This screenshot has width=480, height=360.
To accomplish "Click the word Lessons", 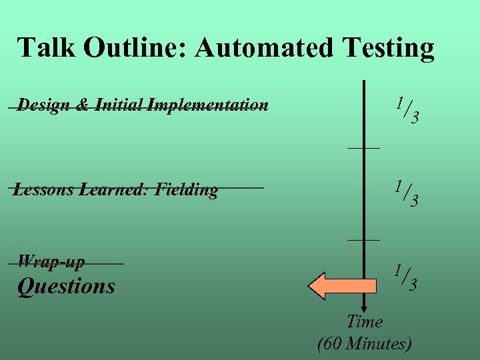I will pyautogui.click(x=44, y=190).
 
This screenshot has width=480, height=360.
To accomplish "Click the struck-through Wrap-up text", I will pyautogui.click(x=51, y=261).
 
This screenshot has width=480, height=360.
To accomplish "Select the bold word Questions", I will pyautogui.click(x=66, y=287).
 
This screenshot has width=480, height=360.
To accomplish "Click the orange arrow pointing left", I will pyautogui.click(x=334, y=286).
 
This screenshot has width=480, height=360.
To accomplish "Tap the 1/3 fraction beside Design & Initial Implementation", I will pyautogui.click(x=406, y=110).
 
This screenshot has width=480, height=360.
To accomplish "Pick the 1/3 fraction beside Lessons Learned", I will pyautogui.click(x=406, y=193).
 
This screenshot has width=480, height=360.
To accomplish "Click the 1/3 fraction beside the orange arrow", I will pyautogui.click(x=406, y=278).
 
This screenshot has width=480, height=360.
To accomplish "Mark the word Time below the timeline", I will pyautogui.click(x=365, y=322).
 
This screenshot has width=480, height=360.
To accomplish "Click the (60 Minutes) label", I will pyautogui.click(x=365, y=344).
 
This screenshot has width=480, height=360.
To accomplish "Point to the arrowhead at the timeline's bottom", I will pyautogui.click(x=364, y=307).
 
